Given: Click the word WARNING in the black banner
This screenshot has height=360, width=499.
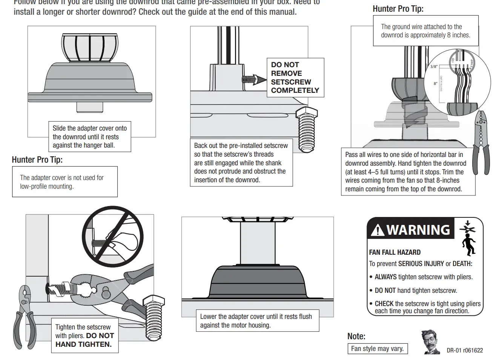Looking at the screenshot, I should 418,230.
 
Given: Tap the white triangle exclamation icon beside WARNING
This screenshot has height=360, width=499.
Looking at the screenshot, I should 378,230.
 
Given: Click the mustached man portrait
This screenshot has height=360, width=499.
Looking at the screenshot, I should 430,342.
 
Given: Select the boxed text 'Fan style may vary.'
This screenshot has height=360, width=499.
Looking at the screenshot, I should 377,349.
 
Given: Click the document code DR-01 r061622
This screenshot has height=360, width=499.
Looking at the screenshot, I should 465,350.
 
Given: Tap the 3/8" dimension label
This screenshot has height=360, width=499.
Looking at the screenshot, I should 434,67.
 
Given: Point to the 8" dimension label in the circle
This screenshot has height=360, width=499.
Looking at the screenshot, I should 435,83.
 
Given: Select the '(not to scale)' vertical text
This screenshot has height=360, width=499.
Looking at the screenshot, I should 441,84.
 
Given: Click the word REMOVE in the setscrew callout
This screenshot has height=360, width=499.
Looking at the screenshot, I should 286,73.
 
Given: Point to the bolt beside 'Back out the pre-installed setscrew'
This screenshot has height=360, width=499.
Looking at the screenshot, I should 306,128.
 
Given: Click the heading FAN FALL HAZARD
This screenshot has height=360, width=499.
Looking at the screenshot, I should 395,252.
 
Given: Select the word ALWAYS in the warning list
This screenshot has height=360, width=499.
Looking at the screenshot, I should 385,277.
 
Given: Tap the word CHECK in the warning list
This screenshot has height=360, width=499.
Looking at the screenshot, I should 384,304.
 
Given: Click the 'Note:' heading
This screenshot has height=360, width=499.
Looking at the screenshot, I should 356,336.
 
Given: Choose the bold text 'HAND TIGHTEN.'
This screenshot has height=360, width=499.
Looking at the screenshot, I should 83,344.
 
